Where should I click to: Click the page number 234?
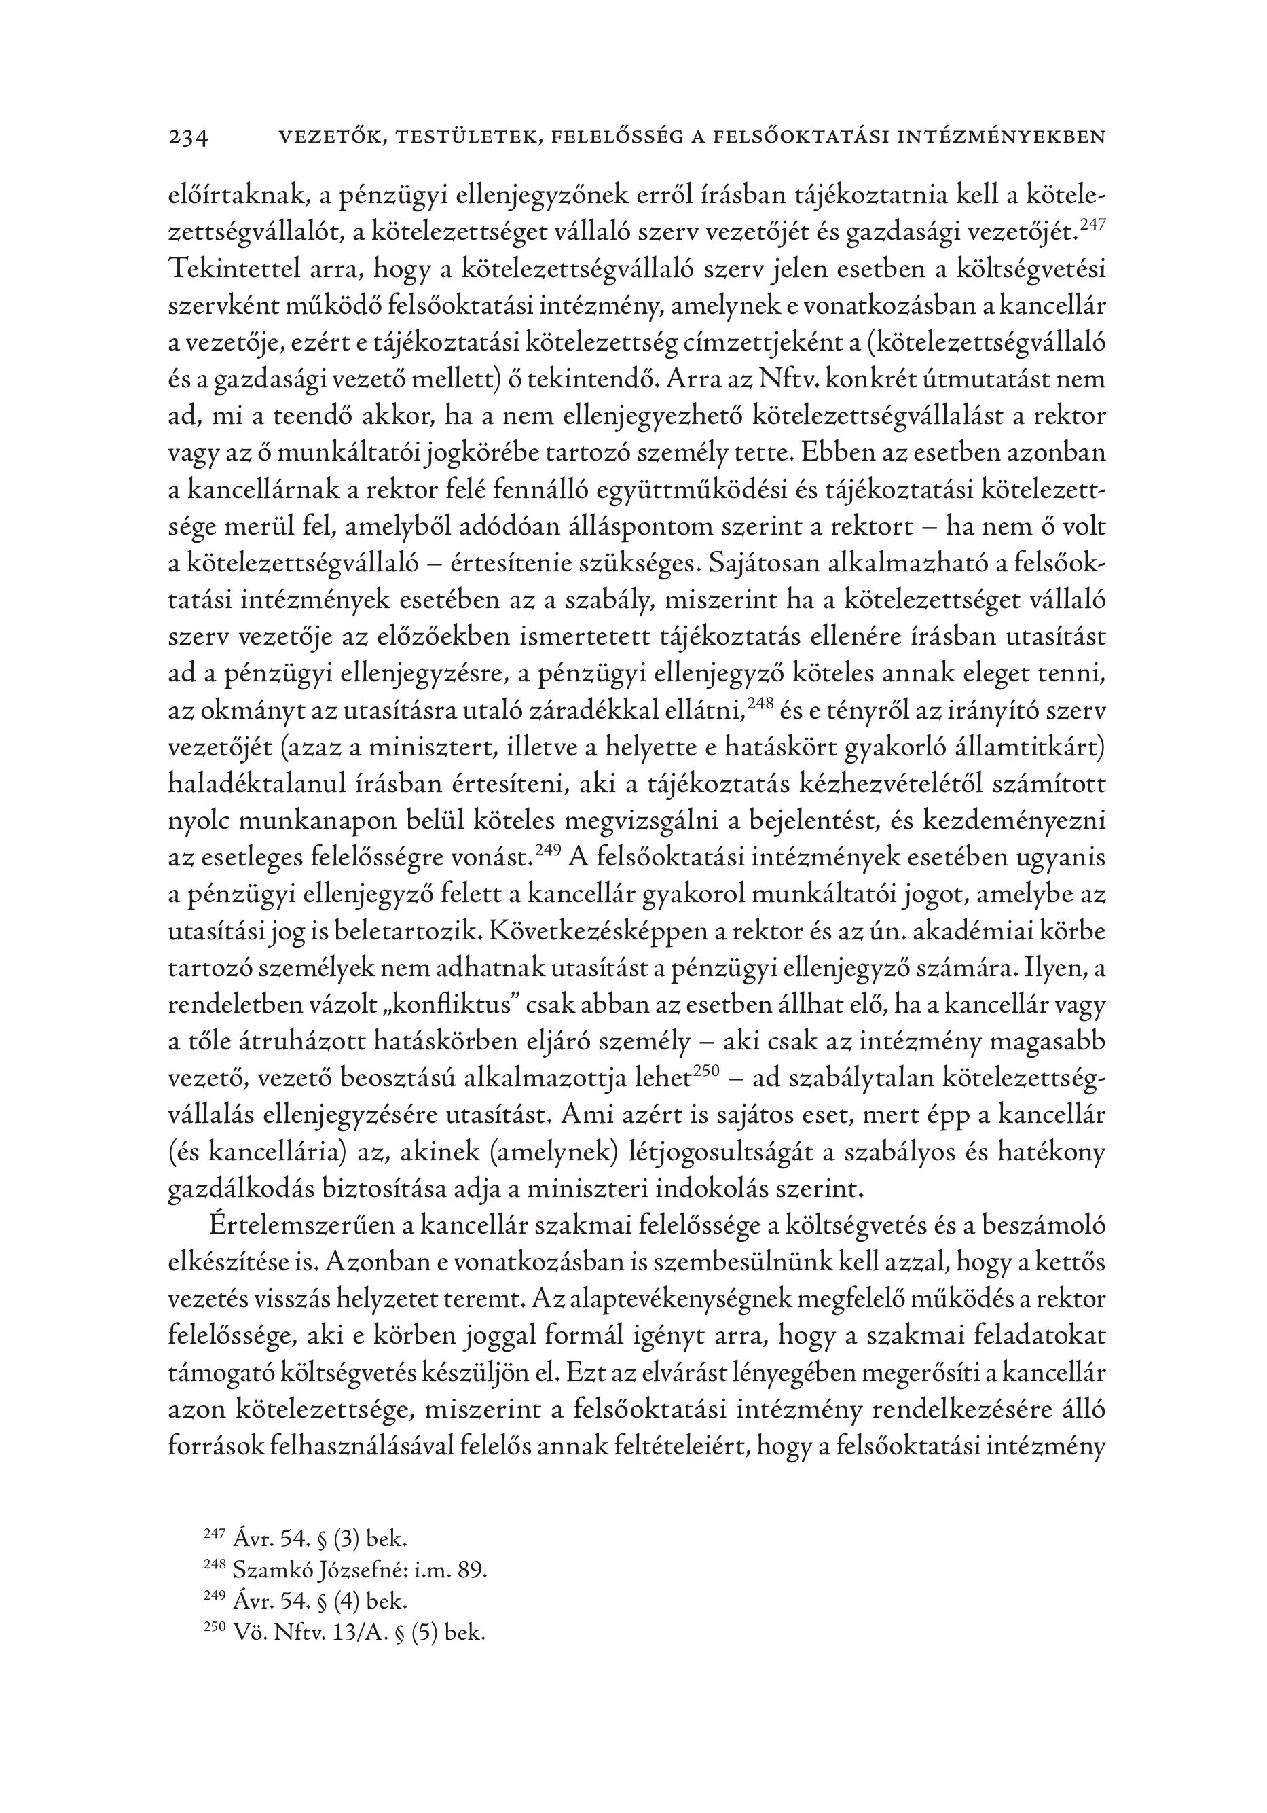pos(188,138)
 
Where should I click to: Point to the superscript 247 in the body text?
pos(1092,224)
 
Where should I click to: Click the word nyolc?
pos(198,821)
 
